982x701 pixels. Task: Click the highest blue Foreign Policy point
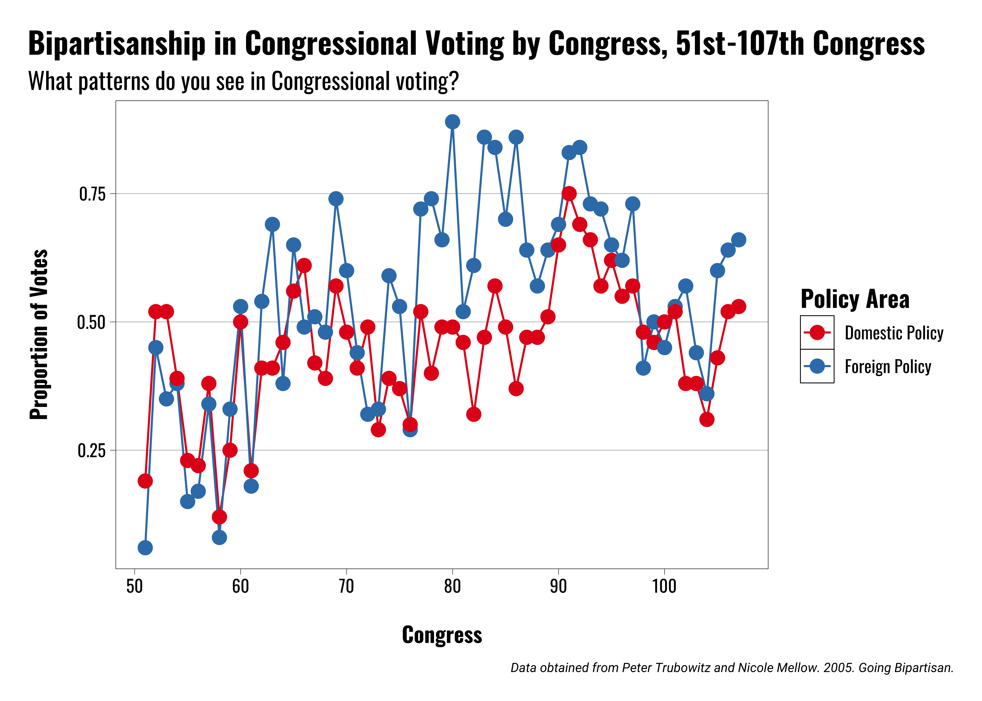452,122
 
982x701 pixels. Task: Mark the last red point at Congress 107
738,307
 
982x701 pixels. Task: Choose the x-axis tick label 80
452,586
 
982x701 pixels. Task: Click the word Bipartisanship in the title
117,44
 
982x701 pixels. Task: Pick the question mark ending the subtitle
453,81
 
